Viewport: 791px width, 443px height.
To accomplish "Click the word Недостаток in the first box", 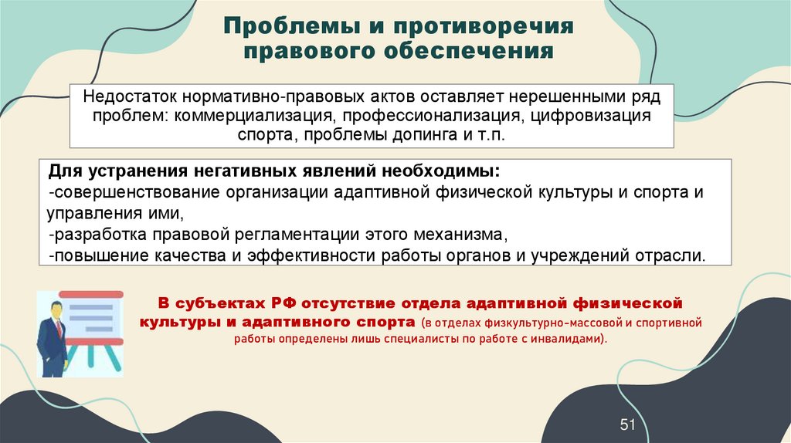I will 128,98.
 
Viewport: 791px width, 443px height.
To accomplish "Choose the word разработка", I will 87,234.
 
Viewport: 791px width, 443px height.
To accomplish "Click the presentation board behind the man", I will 93,316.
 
